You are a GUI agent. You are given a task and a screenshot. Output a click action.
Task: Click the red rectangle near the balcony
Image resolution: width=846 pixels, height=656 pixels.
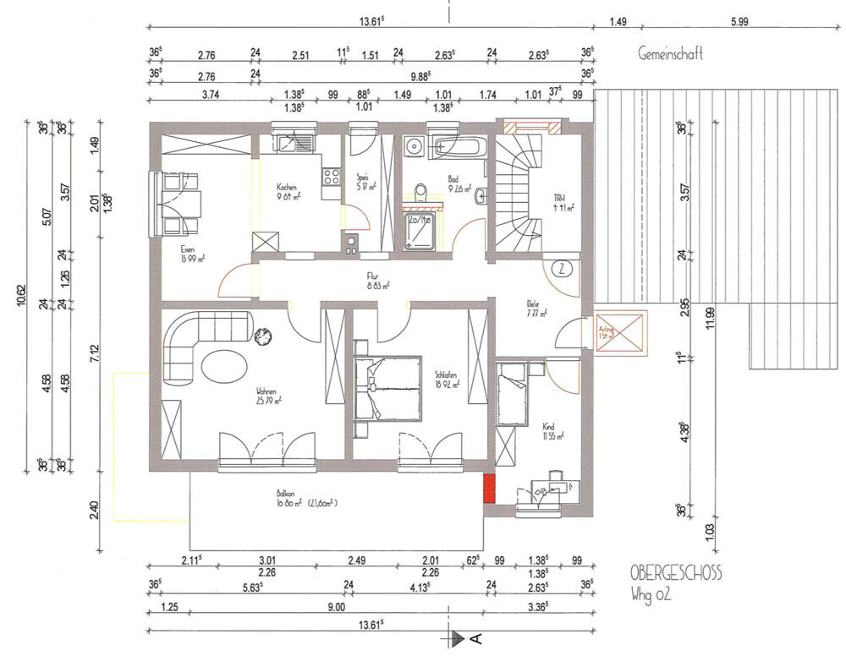point(488,489)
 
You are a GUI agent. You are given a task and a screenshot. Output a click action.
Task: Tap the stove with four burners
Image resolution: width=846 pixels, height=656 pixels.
point(330,178)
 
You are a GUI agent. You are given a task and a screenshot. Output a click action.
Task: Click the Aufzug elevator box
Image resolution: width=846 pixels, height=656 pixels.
point(620,334)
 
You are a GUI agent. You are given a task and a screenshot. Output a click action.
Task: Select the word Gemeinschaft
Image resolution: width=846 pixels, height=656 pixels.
point(671,55)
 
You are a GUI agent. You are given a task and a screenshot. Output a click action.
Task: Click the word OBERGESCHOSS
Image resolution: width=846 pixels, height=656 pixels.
point(677,573)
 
